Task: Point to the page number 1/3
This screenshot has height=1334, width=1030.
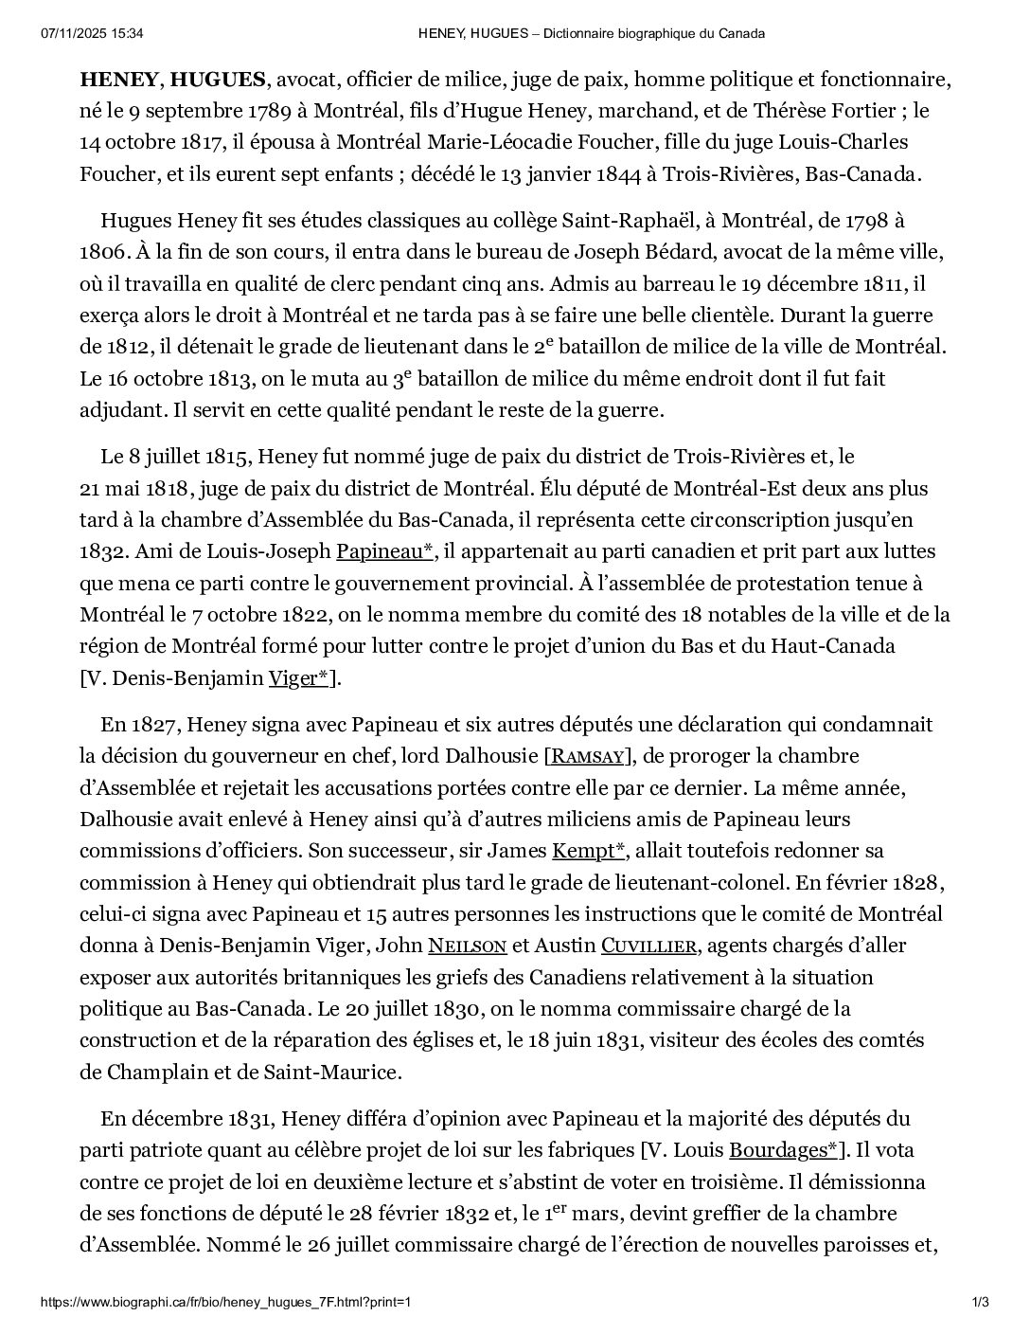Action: click(x=981, y=1303)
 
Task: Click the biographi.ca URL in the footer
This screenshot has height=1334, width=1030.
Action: click(x=225, y=1303)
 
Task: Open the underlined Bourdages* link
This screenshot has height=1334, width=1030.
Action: click(x=783, y=1150)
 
